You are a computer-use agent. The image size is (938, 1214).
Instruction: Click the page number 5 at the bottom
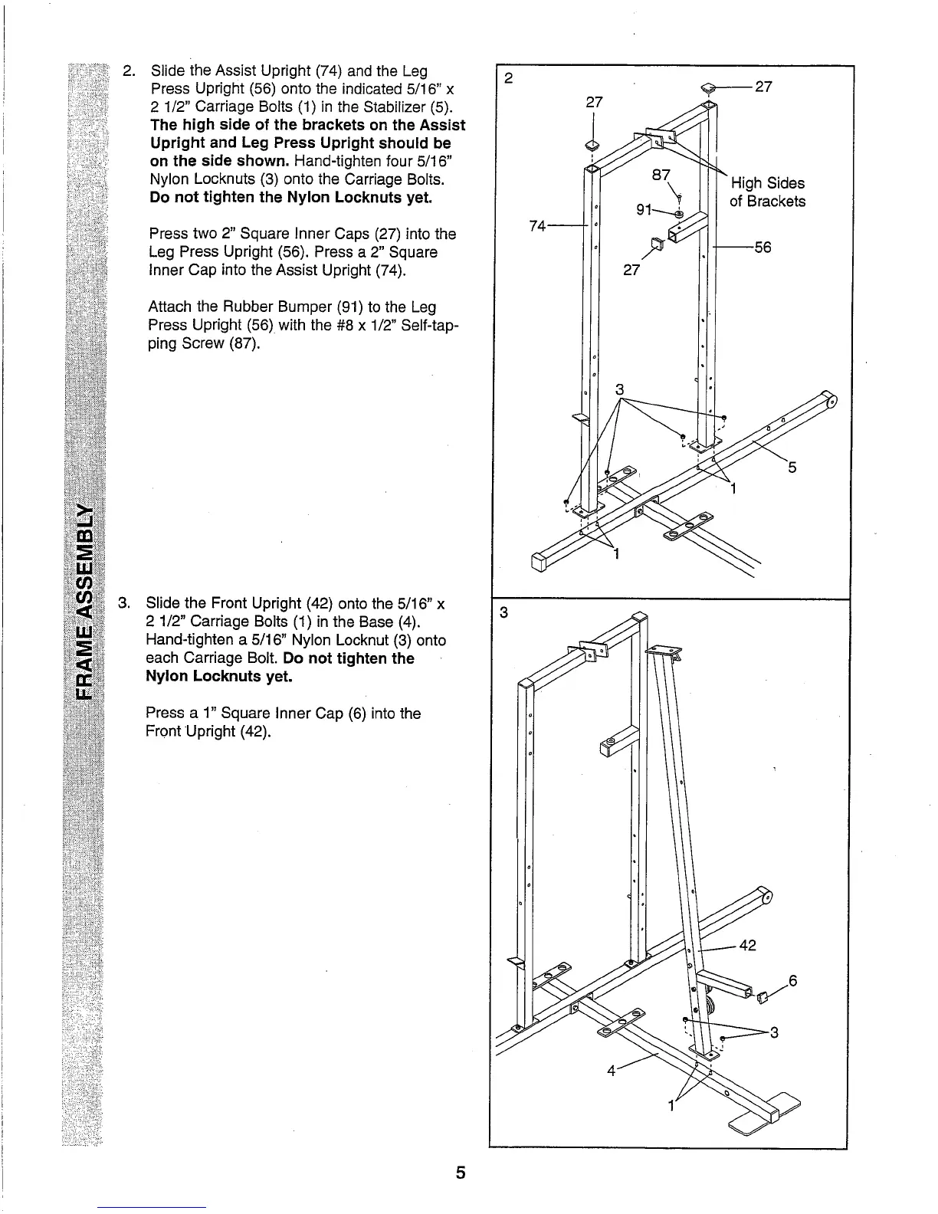[461, 1173]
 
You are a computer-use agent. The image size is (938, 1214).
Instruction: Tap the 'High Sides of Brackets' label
[767, 192]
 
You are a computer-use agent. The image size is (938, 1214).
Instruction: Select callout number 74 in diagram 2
[539, 225]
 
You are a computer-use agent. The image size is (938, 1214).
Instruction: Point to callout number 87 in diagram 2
[661, 176]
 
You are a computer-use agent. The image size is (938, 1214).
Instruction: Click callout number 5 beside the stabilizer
[792, 467]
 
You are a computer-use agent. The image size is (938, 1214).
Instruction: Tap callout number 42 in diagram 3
[748, 946]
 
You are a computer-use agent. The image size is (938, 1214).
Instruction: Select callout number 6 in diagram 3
[793, 980]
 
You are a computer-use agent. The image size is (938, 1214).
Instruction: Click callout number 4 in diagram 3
[612, 1071]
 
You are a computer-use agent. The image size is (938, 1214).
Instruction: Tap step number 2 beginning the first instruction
[130, 71]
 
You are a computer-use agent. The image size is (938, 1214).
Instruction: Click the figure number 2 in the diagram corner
[508, 78]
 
